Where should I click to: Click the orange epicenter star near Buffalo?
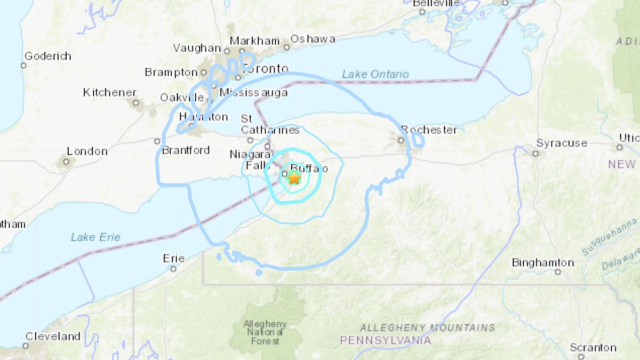(x=294, y=178)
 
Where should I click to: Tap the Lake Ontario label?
(x=375, y=74)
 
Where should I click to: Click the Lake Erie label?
(x=95, y=237)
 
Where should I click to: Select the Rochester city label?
(x=429, y=130)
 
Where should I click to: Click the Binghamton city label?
(x=542, y=262)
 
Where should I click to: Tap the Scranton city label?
(x=593, y=348)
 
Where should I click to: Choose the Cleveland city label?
(x=53, y=337)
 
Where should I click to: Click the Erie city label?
(x=173, y=259)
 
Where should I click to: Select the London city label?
(x=87, y=151)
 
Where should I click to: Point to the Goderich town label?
(x=47, y=56)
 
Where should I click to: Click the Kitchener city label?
(x=109, y=92)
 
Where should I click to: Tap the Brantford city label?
(x=186, y=150)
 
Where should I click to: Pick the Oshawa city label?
(x=313, y=39)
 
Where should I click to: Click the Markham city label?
(x=254, y=41)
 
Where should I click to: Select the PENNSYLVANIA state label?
(x=386, y=340)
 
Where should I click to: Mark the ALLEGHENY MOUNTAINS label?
(x=427, y=327)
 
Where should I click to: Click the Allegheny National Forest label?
(x=265, y=332)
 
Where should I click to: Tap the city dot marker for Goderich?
(x=23, y=66)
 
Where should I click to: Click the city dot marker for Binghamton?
(x=557, y=272)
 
